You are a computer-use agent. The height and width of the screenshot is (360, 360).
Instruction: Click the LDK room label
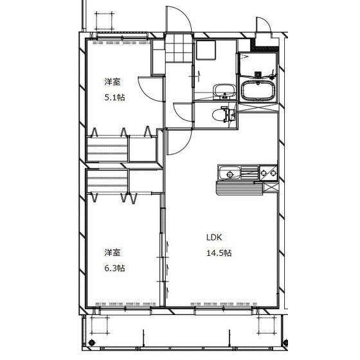point(214,237)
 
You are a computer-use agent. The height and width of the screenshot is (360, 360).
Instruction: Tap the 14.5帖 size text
point(219,253)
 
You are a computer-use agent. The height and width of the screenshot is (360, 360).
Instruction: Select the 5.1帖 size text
point(114,98)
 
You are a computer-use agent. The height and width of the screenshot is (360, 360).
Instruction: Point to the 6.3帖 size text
point(114,268)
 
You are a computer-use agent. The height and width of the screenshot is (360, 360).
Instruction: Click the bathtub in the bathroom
point(258,91)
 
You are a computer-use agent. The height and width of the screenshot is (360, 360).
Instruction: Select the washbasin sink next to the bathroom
point(224,91)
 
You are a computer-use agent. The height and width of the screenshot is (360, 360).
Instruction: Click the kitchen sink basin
point(230,173)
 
